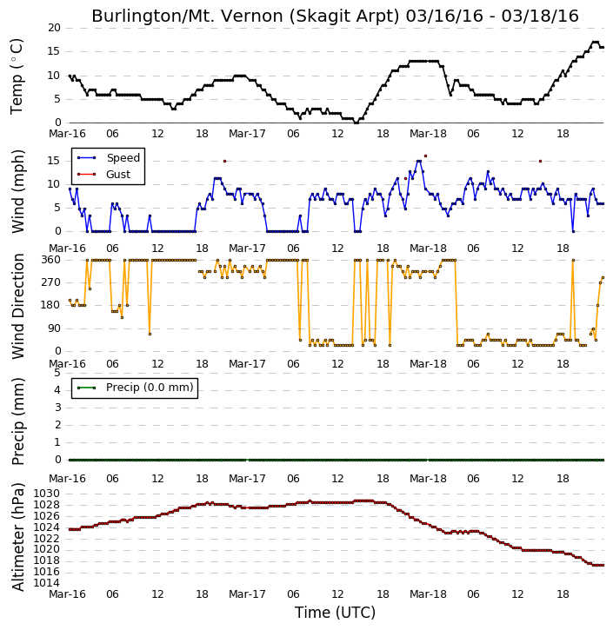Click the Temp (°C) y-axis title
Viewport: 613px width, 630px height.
coord(17,76)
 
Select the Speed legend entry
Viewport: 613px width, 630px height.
coord(109,157)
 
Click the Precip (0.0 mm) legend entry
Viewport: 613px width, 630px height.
coord(135,388)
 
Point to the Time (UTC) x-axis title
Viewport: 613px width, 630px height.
coord(335,613)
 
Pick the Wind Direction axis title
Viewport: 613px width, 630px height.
coord(18,306)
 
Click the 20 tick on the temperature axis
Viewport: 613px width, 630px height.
coord(54,28)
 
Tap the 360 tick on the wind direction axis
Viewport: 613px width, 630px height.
coord(51,260)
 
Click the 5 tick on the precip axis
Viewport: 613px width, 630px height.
coord(57,373)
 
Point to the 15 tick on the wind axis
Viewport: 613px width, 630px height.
coord(54,161)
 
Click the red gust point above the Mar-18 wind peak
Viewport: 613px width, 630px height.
coord(425,156)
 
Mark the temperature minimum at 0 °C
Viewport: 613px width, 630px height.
coord(356,123)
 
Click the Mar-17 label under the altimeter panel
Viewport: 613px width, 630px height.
coord(247,594)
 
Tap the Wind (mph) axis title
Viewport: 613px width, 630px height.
coord(18,191)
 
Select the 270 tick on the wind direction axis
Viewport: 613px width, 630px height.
coord(51,282)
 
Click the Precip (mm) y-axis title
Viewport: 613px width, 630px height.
coord(18,421)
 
